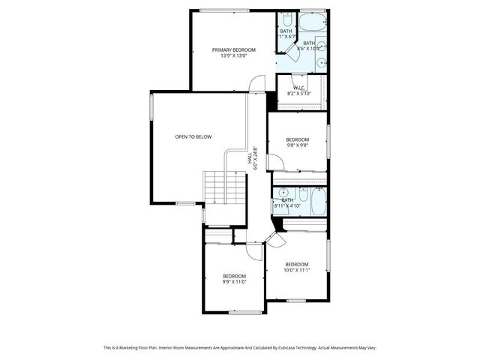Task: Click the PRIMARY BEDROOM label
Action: pos(233,49)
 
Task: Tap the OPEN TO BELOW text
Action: pos(193,136)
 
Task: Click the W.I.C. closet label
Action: pos(298,88)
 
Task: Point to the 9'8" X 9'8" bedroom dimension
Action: pos(297,145)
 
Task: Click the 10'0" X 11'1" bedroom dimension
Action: pos(297,270)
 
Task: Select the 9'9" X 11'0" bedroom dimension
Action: pos(234,282)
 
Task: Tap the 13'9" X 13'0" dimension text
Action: pos(233,56)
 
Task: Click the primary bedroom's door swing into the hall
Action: pos(257,83)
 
